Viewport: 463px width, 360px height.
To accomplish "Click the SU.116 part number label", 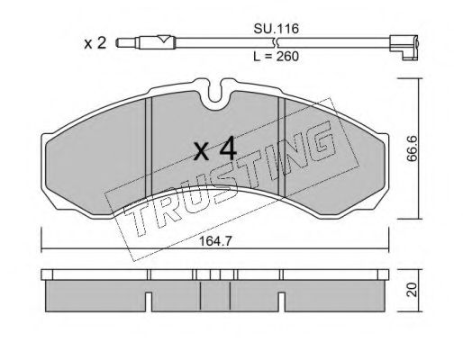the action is coord(276,29).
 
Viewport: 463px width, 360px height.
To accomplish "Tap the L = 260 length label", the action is coord(276,56).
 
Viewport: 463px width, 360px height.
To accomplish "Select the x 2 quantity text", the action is coord(95,43).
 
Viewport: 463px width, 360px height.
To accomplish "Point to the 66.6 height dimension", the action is coord(413,148).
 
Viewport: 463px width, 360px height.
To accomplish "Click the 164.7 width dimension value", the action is coord(214,241).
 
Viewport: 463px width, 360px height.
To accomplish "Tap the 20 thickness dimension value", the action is coord(413,290).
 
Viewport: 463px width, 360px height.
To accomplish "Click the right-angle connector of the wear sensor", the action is coord(404,48).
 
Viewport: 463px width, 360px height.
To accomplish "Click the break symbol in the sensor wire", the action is coord(277,43).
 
